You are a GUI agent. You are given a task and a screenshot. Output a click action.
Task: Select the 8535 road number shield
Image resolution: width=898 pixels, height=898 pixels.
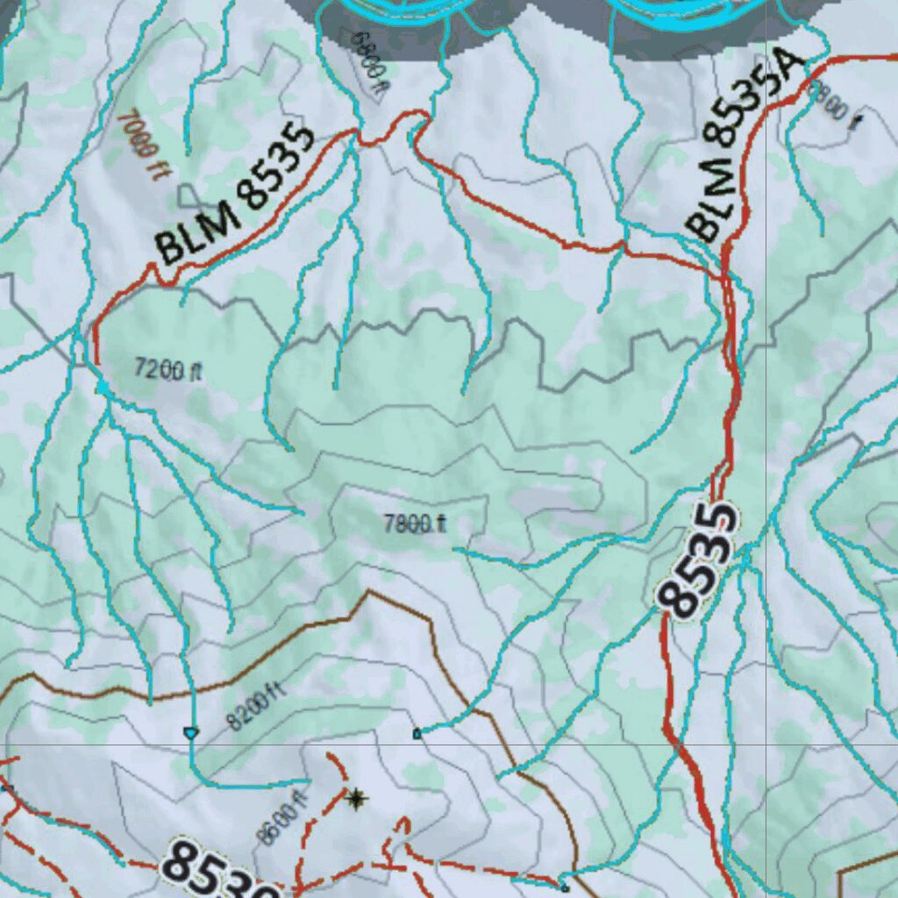(x=699, y=559)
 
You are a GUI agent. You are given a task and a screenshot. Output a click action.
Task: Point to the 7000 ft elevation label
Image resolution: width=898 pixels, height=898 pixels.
(x=141, y=145)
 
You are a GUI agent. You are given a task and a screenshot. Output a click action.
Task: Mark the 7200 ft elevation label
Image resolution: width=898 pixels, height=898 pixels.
(x=168, y=369)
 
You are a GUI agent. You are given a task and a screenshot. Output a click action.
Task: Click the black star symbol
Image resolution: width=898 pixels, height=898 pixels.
(x=355, y=798)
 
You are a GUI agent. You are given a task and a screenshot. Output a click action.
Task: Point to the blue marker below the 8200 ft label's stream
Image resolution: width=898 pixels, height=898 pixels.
(x=189, y=732)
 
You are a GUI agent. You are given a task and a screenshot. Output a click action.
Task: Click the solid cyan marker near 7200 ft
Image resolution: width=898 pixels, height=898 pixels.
(x=103, y=387)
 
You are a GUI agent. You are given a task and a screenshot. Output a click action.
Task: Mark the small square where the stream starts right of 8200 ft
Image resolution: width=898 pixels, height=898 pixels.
(x=417, y=733)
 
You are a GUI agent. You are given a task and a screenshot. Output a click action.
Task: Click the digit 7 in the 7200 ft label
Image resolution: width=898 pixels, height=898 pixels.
(x=140, y=367)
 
